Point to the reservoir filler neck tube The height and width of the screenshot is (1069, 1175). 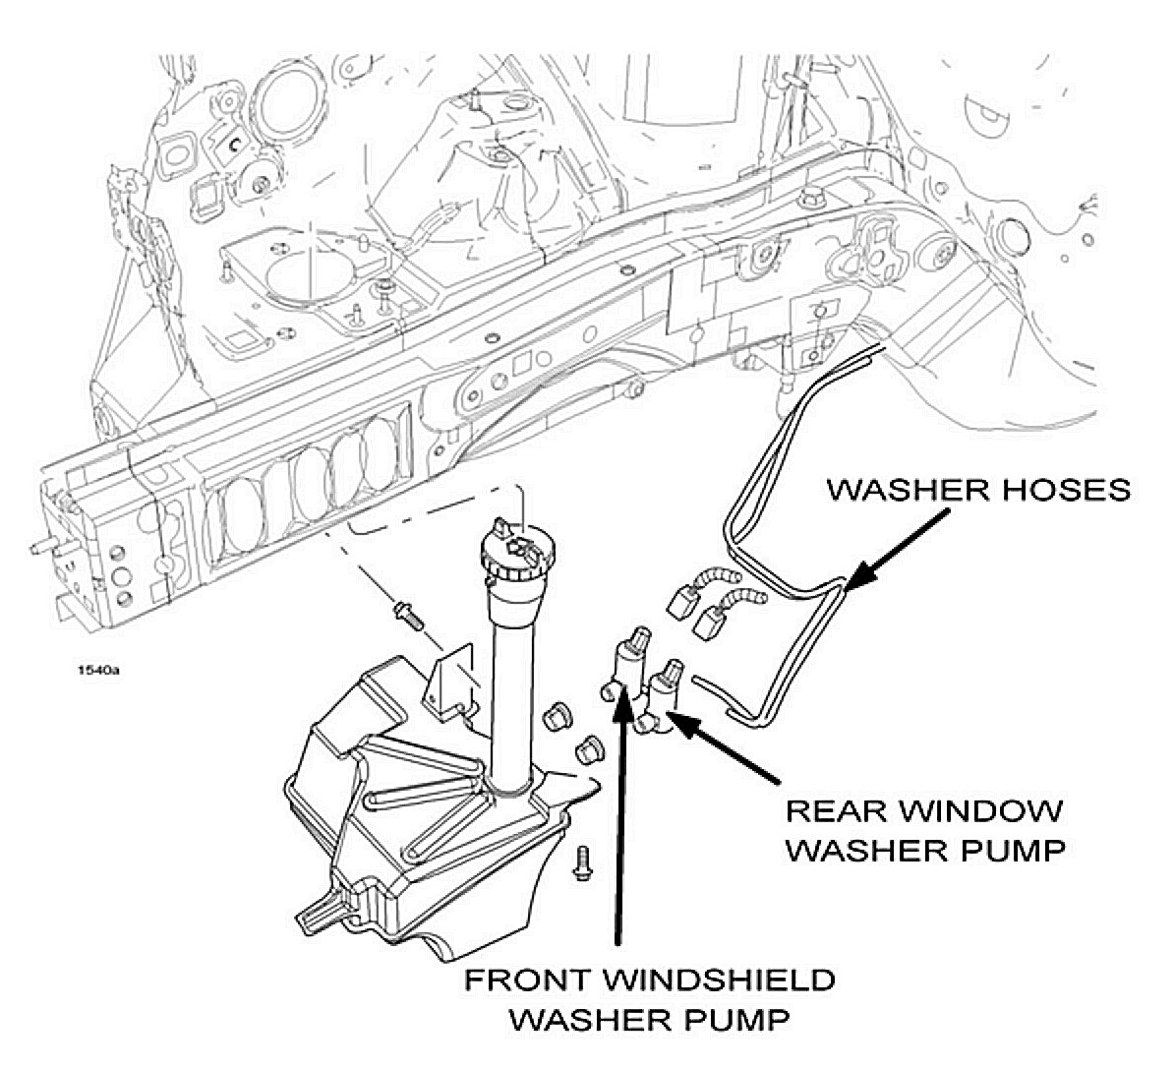[511, 688]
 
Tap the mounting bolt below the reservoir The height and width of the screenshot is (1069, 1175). [583, 863]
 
